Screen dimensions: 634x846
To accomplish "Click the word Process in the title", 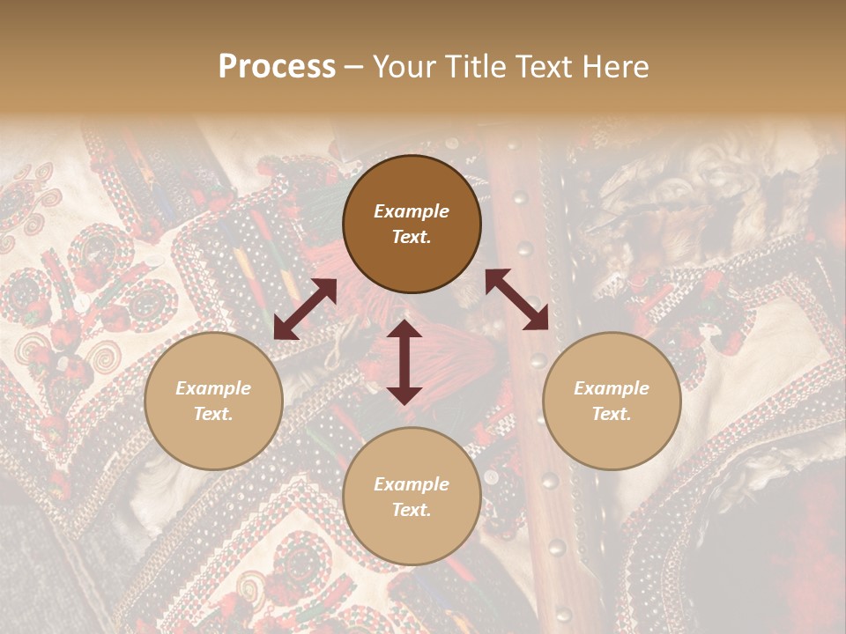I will tap(277, 67).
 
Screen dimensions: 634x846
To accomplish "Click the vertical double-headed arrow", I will tap(404, 362).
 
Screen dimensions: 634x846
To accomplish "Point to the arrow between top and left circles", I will tap(305, 309).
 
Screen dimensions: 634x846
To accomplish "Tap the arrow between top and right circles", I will tap(516, 299).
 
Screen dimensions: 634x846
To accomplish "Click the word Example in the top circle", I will tap(412, 211).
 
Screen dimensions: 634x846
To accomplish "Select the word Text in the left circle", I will tap(213, 414).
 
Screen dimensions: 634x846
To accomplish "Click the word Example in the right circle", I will tap(612, 388).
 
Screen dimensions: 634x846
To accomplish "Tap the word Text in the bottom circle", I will tap(412, 510).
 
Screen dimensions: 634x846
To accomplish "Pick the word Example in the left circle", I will tap(213, 388).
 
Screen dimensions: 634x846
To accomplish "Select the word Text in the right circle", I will tap(612, 414).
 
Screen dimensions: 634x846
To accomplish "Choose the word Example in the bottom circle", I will tap(412, 484).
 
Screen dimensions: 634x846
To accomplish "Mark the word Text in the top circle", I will tap(412, 237).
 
